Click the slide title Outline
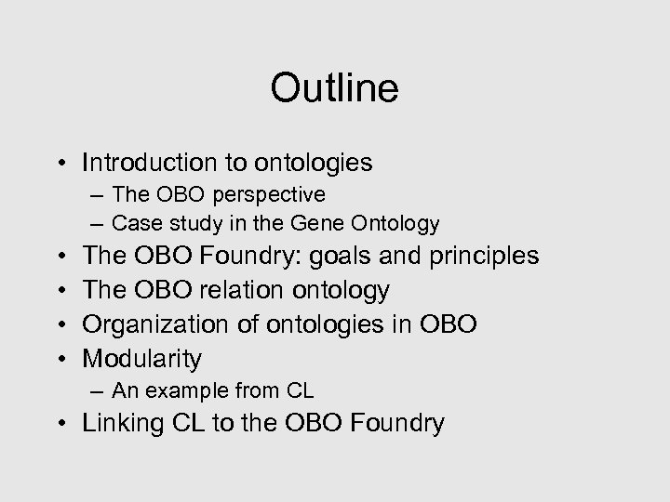(x=334, y=88)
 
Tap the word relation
(x=243, y=290)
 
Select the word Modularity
(x=141, y=358)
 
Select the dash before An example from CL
(x=98, y=391)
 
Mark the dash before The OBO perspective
(x=98, y=195)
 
